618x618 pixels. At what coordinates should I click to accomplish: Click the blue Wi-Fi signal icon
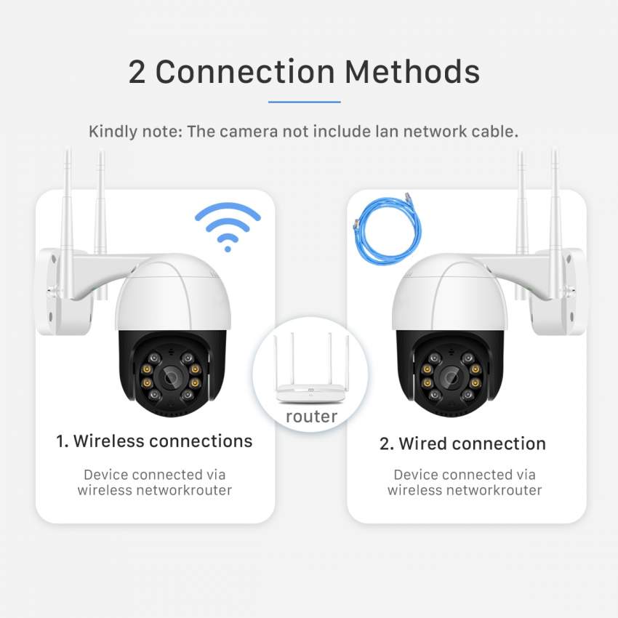pyautogui.click(x=228, y=227)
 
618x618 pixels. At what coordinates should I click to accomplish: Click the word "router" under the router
pyautogui.click(x=310, y=417)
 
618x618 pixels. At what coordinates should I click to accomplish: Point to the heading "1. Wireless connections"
pyautogui.click(x=154, y=441)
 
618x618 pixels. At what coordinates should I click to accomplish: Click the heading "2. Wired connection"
pyautogui.click(x=462, y=444)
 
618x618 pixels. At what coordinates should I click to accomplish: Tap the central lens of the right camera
pyautogui.click(x=448, y=376)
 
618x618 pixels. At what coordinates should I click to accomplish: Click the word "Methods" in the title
pyautogui.click(x=412, y=72)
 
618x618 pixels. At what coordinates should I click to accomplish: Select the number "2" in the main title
pyautogui.click(x=137, y=72)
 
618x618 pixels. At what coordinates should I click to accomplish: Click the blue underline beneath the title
pyautogui.click(x=304, y=102)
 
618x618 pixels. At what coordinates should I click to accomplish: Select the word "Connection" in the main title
pyautogui.click(x=244, y=72)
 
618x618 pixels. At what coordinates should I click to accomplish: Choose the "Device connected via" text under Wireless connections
pyautogui.click(x=154, y=475)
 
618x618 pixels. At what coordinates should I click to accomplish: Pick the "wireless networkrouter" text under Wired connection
pyautogui.click(x=465, y=491)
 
